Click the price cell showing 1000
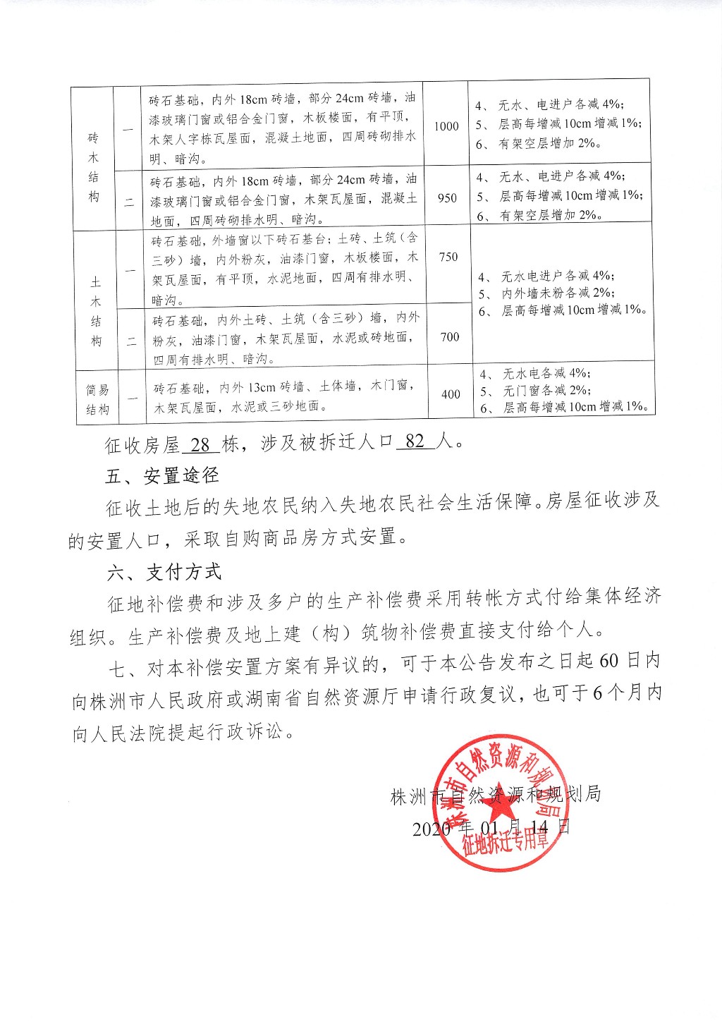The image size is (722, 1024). click(x=446, y=126)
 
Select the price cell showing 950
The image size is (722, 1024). click(x=448, y=198)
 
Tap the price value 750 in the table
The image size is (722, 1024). click(x=448, y=257)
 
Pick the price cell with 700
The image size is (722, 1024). click(x=450, y=337)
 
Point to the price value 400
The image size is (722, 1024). click(x=451, y=394)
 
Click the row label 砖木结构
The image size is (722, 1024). click(x=94, y=166)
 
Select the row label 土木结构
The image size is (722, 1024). click(x=96, y=311)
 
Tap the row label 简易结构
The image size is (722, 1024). click(x=97, y=399)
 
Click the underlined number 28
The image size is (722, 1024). click(x=200, y=444)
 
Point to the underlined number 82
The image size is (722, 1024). click(x=415, y=441)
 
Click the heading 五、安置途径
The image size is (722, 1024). click(x=161, y=476)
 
